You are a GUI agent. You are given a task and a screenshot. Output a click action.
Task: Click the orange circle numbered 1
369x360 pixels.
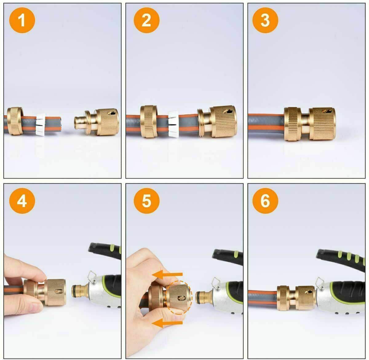point(22,20)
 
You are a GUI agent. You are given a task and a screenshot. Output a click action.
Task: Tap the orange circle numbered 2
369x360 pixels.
point(147,20)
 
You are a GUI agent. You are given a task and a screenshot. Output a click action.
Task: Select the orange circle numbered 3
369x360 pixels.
point(265,20)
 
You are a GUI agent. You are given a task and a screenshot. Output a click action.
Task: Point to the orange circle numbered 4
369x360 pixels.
point(22,201)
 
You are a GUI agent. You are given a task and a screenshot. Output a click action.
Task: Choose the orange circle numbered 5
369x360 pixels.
point(147,201)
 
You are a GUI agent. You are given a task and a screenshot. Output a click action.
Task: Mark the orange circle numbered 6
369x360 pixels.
point(265,201)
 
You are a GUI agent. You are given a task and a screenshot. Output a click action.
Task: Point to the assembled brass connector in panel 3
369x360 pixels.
point(309,124)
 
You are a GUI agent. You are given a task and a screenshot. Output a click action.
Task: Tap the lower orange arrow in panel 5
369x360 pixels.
point(168,323)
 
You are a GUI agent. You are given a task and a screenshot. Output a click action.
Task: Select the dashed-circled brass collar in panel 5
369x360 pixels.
point(179,297)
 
